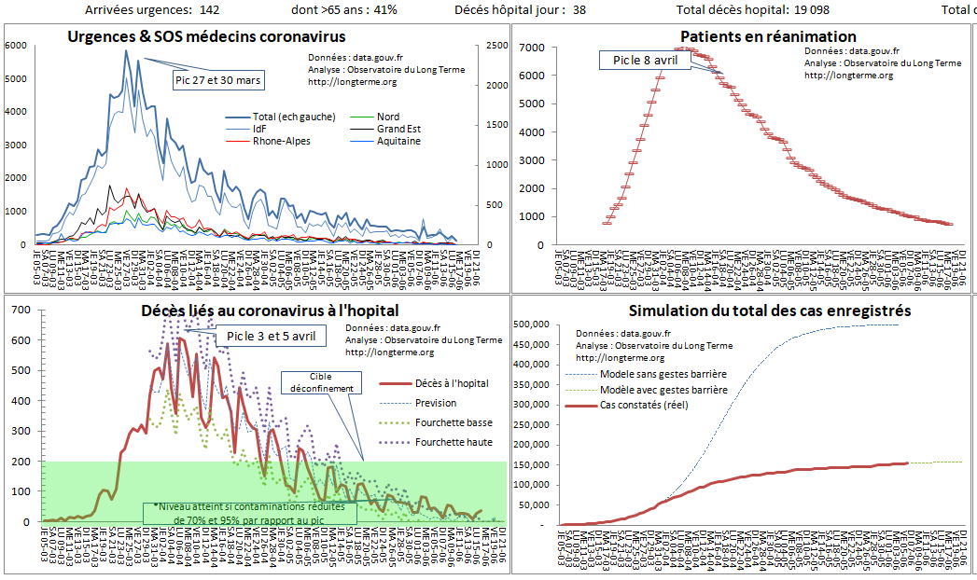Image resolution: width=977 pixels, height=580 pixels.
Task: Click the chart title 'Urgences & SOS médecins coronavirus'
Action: point(206,36)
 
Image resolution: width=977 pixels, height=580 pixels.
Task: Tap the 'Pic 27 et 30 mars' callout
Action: point(218,80)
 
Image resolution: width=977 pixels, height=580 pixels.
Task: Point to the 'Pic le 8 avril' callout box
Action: point(645,61)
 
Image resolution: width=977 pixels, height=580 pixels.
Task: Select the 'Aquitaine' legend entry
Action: point(398,141)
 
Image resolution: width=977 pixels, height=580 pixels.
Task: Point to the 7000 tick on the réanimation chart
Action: point(532,47)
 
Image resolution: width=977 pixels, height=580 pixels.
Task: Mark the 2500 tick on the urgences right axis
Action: point(496,46)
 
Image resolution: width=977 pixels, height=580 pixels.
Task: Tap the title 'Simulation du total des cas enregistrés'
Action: point(770,311)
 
